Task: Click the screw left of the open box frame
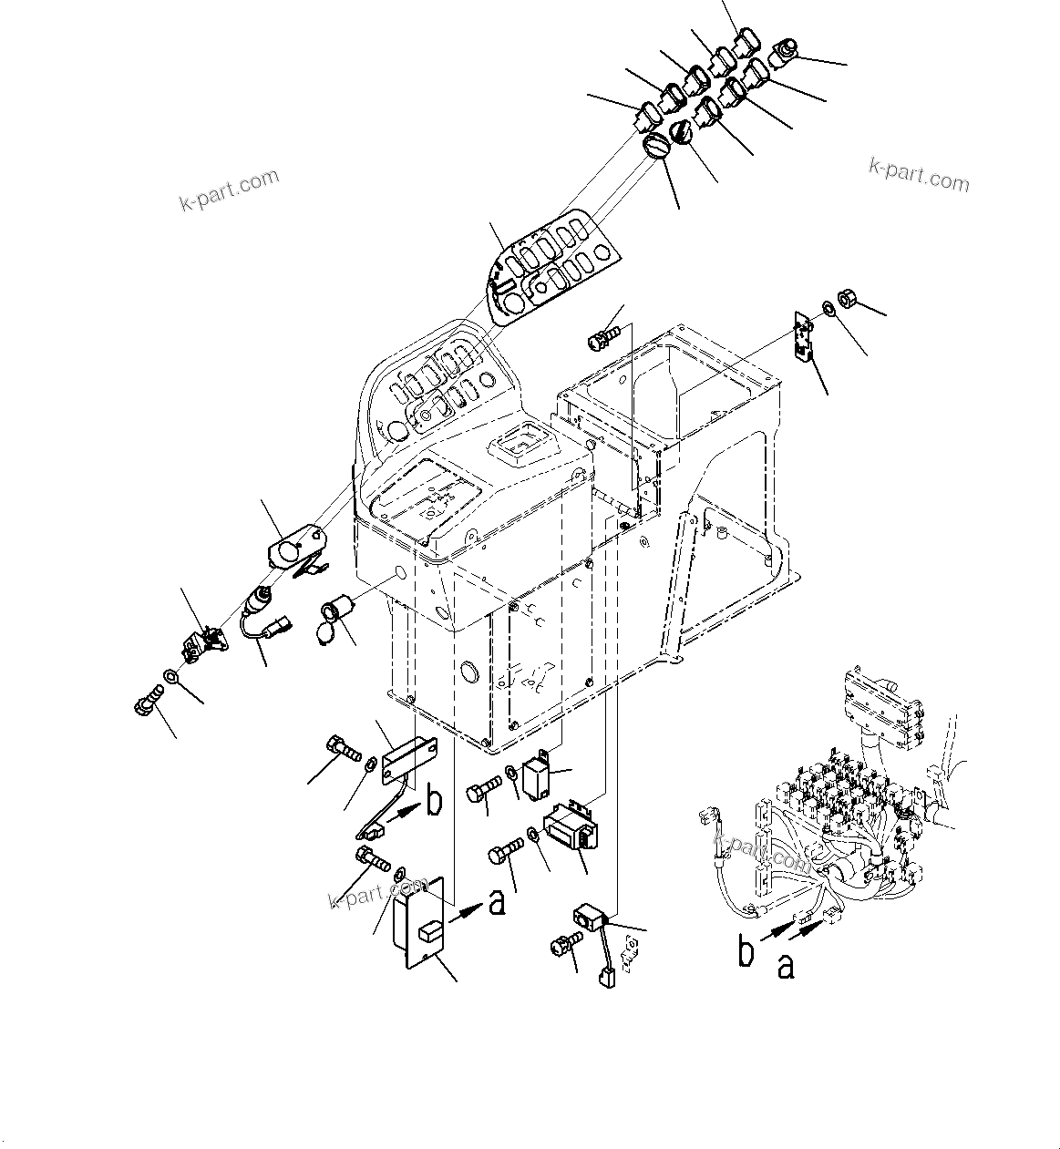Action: tap(602, 338)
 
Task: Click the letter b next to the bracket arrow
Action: tap(434, 802)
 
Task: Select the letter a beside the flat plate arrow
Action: tap(496, 902)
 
